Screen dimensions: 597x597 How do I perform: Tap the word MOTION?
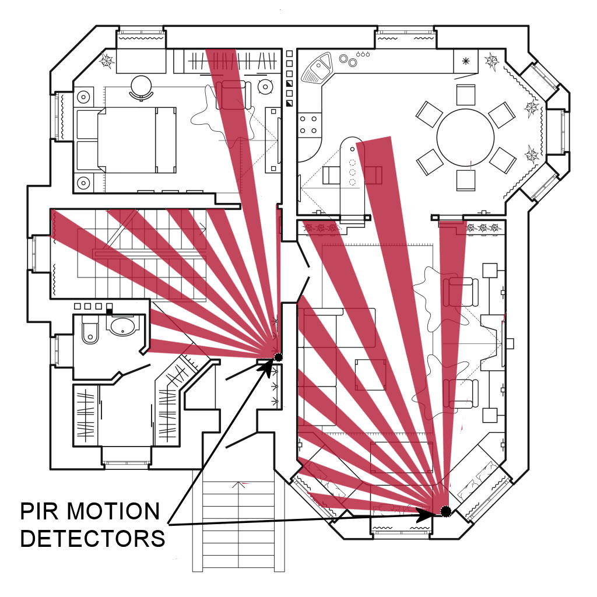[111, 512]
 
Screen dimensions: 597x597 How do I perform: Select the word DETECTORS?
[93, 538]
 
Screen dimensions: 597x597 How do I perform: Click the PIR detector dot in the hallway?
[278, 357]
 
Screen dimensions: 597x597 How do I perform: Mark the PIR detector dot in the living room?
[446, 511]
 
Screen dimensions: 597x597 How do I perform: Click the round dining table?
[465, 138]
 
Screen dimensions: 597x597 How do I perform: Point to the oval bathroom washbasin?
[122, 326]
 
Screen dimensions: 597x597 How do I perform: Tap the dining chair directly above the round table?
[465, 94]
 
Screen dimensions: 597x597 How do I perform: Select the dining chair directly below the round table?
[465, 181]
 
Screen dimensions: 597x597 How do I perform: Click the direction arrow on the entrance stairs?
[238, 484]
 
